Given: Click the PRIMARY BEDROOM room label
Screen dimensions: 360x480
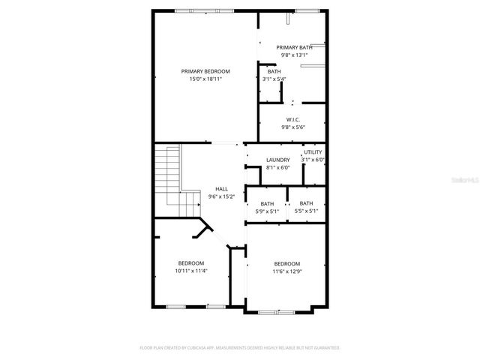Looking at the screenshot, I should coord(205,71).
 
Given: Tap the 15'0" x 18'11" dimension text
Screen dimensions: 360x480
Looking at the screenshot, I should coord(205,79).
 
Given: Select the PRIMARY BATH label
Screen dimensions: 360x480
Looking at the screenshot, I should coord(294,47).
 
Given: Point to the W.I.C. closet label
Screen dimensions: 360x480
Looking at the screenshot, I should coord(293,120).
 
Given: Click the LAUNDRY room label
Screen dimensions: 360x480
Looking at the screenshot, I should coord(278,160).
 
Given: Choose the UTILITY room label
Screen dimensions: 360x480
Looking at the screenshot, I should coord(313,152).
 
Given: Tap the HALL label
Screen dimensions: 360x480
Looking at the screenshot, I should coord(222,189).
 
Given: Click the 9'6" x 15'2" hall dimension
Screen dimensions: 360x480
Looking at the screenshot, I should coord(222,196).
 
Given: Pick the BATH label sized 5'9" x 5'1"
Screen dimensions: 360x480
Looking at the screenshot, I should coord(268,204).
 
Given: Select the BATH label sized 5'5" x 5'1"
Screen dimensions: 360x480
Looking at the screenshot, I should coord(307,203).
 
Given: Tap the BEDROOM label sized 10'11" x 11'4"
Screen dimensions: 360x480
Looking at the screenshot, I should coord(191,262).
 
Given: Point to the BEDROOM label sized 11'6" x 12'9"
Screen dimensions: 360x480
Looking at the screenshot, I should coord(287,263).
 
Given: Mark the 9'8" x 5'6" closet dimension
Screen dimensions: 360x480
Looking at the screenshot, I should coord(293,127).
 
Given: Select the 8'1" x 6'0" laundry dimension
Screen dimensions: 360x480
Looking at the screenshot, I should coord(278,167).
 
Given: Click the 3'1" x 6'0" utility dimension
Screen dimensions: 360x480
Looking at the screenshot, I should coord(313,160).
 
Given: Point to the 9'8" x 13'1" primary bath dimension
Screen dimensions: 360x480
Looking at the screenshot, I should coord(294,55).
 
